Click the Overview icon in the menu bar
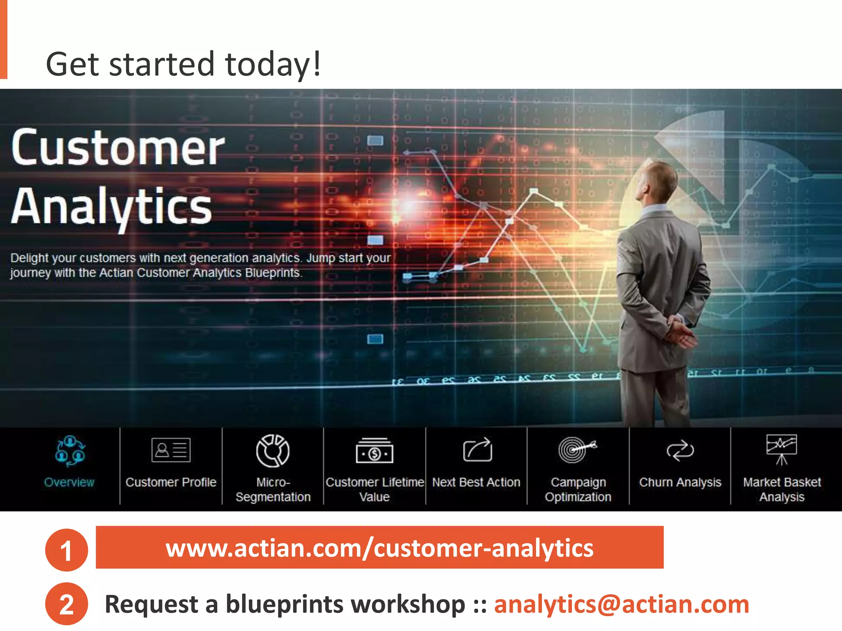tap(70, 451)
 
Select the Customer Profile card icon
tap(171, 450)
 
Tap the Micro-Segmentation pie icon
tap(273, 451)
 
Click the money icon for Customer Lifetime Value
tap(374, 451)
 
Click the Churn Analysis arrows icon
tap(680, 451)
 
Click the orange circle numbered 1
tap(66, 550)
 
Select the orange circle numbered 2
tap(66, 604)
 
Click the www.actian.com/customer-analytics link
tap(379, 548)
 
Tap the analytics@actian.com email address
tap(621, 604)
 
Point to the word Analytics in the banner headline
tap(111, 206)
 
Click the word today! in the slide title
tap(273, 64)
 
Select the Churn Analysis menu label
tap(680, 482)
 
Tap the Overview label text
tap(69, 482)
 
